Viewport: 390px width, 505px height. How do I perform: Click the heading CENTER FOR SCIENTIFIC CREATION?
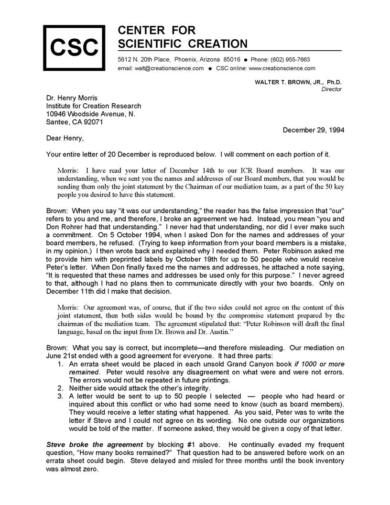(182, 37)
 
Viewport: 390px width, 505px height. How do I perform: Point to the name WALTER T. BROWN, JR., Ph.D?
(298, 82)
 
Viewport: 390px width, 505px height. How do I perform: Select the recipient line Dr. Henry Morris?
(72, 98)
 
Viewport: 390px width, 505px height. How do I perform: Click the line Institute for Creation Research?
(94, 106)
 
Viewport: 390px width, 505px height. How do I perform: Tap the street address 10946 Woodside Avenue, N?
(91, 114)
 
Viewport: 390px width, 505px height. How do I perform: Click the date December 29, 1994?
(314, 130)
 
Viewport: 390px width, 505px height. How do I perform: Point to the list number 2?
(60, 388)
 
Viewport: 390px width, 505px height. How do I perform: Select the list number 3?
(60, 396)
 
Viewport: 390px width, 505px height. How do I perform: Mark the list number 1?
(60, 364)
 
